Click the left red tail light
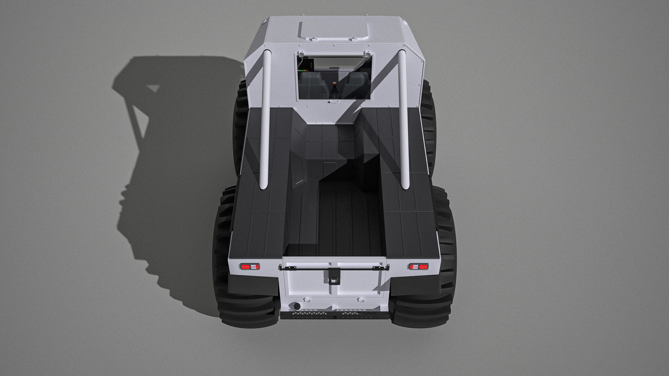tap(249, 267)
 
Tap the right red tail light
tap(418, 267)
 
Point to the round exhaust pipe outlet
tap(297, 306)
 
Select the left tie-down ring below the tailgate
tap(307, 299)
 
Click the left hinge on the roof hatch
tap(314, 39)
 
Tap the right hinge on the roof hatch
tap(354, 39)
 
